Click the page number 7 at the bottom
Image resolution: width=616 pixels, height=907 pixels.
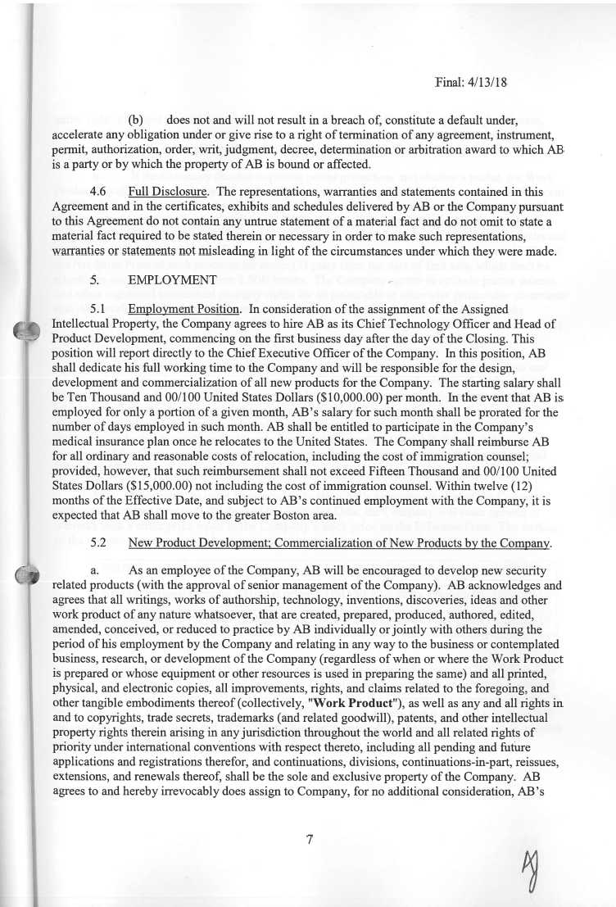(x=310, y=839)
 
